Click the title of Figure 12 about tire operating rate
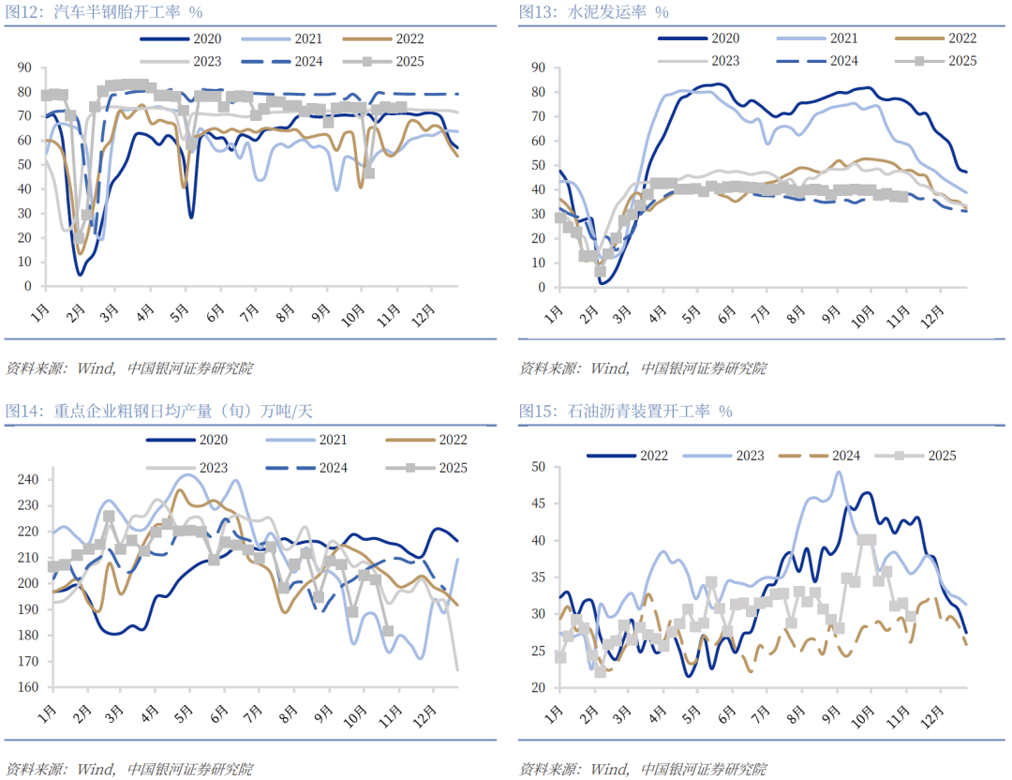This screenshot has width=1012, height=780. (x=104, y=12)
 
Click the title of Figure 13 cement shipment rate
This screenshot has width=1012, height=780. (x=593, y=12)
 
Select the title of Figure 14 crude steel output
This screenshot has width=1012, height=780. (x=159, y=411)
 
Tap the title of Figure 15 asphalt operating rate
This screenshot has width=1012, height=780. (x=626, y=411)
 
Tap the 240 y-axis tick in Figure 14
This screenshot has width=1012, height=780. (x=29, y=479)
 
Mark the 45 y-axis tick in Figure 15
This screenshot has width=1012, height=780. (x=539, y=503)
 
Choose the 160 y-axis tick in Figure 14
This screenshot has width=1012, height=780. (x=29, y=687)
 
